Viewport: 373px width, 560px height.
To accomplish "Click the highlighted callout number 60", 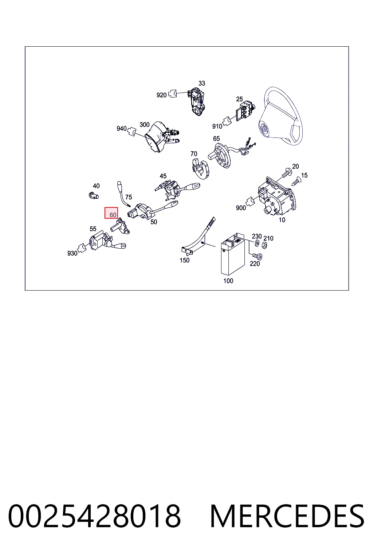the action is pyautogui.click(x=113, y=215).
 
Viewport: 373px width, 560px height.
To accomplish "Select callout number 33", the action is pyautogui.click(x=201, y=83).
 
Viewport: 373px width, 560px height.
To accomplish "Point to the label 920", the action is pyautogui.click(x=161, y=95).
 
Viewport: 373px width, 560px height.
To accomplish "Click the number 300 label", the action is pyautogui.click(x=144, y=124).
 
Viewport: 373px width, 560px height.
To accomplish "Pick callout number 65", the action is pyautogui.click(x=216, y=139).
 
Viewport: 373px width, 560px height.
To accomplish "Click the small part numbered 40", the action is pyautogui.click(x=94, y=195).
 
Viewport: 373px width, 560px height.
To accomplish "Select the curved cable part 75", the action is pyautogui.click(x=123, y=194).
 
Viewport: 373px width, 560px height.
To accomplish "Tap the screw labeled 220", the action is pyautogui.click(x=256, y=256).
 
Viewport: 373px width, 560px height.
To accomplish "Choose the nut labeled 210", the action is pyautogui.click(x=264, y=245).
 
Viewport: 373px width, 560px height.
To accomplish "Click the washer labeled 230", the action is pyautogui.click(x=256, y=243).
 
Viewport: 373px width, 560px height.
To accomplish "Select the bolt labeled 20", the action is pyautogui.click(x=287, y=173).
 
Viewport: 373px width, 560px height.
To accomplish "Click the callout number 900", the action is pyautogui.click(x=241, y=208).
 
